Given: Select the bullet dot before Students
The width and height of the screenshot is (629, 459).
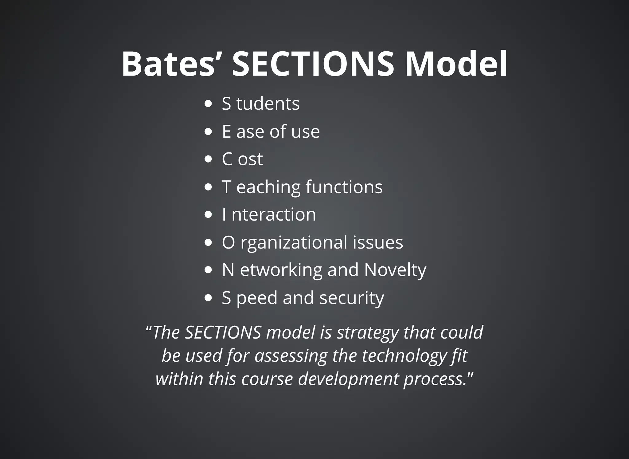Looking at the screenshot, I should click(x=208, y=104).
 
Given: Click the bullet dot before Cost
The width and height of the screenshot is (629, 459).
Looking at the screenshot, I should click(x=208, y=159).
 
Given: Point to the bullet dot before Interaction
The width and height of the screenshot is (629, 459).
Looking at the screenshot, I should click(x=208, y=214).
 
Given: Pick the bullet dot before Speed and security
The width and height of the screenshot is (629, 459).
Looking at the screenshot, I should click(x=208, y=298).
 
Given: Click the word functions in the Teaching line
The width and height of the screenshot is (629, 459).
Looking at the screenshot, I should click(x=344, y=187).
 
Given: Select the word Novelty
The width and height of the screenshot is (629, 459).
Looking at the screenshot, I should click(x=395, y=270).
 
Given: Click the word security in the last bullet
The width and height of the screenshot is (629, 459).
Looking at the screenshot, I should click(x=352, y=298).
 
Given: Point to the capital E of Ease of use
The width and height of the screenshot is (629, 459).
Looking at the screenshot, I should click(x=227, y=131).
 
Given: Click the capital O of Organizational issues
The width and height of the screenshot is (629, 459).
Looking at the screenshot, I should click(x=229, y=242).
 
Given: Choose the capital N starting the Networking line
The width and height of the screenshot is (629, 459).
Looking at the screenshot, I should click(x=228, y=270).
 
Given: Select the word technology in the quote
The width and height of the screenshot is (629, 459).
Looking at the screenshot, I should click(x=404, y=356).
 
